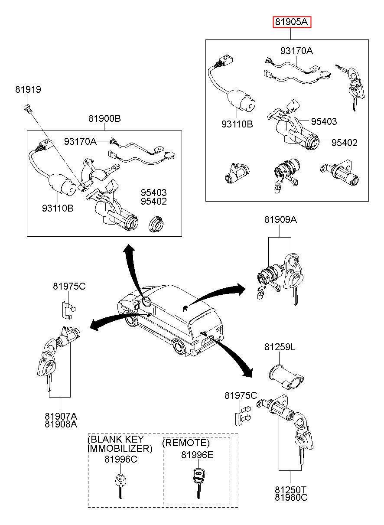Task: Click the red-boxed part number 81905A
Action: (291, 22)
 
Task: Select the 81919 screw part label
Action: (28, 90)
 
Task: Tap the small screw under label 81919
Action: (28, 109)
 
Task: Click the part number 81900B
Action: (104, 119)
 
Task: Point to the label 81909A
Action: (281, 220)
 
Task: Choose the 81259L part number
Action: (280, 347)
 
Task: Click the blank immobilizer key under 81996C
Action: (120, 486)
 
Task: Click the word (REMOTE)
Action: (186, 443)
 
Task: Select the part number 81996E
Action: (197, 455)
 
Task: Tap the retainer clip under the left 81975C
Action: (69, 310)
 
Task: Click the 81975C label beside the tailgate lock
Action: (241, 395)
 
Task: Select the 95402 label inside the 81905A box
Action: (345, 143)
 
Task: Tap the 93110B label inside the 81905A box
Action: (237, 124)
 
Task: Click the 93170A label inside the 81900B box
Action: (80, 141)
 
